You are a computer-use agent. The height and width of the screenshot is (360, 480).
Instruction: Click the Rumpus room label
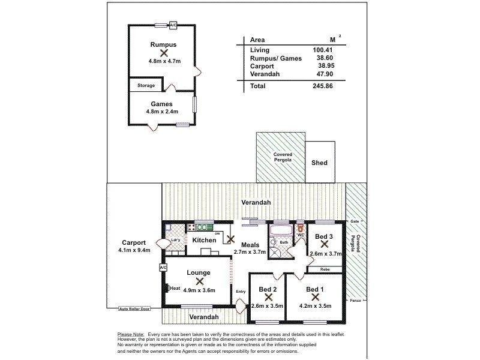pos(163,44)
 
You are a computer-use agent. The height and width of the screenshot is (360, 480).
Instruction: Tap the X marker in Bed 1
pos(314,297)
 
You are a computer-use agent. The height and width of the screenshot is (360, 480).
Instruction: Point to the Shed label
pos(320,163)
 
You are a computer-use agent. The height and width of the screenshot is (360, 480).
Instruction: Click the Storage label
pos(146,86)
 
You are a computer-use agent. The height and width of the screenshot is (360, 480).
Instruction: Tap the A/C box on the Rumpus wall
pos(173,25)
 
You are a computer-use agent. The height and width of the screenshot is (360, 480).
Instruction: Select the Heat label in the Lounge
pos(175,288)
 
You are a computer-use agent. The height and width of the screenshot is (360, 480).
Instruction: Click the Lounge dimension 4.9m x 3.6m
pos(199,290)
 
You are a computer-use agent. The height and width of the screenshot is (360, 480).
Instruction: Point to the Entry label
pos(241,292)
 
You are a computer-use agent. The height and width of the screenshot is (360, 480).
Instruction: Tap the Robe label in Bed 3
pos(325,269)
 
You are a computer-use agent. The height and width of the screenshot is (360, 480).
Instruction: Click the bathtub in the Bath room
pos(281,230)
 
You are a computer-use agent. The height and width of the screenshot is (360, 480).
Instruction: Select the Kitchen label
pos(204,240)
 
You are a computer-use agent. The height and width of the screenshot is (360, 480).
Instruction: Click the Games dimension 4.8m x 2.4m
pos(162,112)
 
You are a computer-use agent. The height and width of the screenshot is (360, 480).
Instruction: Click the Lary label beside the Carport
pos(176,240)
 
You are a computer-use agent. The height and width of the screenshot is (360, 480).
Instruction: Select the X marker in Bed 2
pos(268,297)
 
